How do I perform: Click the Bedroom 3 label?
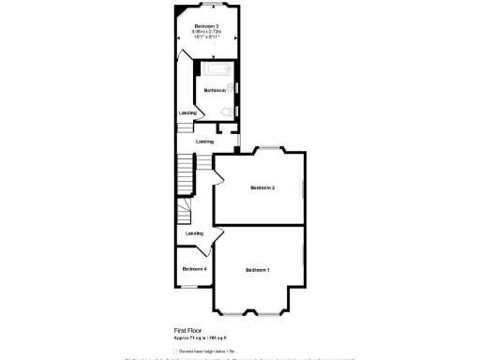206,25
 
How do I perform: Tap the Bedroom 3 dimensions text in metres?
206,31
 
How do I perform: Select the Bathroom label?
214,90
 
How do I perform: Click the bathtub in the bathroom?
215,72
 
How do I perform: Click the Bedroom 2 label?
262,187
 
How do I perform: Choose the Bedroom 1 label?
258,270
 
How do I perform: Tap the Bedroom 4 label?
194,269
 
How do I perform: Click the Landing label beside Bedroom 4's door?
194,233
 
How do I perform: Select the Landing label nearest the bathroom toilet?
188,113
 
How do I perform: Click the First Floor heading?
188,331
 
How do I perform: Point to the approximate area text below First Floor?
200,337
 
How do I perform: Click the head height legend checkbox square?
177,351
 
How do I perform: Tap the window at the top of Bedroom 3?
206,6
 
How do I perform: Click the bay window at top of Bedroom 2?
270,148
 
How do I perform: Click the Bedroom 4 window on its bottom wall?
192,286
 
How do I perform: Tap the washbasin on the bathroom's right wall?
235,88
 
